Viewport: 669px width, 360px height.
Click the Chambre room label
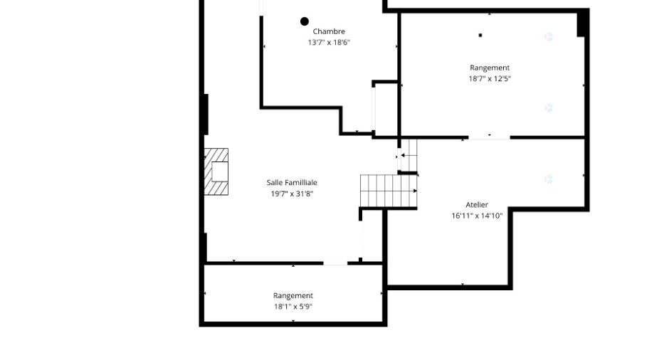[329, 31]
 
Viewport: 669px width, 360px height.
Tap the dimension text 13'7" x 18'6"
[329, 43]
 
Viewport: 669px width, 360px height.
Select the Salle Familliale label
[292, 183]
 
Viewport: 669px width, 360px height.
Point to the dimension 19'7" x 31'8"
[292, 194]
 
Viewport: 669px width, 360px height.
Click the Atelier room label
[477, 205]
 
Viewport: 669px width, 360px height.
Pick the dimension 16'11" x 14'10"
[477, 216]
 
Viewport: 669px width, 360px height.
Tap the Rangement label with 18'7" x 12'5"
[490, 68]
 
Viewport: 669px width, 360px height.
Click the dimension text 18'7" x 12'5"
[490, 78]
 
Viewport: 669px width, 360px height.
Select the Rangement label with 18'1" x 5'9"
[293, 295]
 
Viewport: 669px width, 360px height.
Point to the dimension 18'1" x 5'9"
[293, 306]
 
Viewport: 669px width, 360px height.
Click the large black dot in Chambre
[304, 21]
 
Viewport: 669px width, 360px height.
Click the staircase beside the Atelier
[389, 191]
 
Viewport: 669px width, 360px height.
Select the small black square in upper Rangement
[480, 36]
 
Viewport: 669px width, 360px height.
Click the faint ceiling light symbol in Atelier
[548, 179]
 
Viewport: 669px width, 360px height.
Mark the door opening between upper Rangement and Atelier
[490, 137]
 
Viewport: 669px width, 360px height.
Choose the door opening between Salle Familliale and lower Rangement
[335, 264]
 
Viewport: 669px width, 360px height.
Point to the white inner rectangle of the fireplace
[220, 171]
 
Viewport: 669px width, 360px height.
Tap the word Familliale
[300, 183]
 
